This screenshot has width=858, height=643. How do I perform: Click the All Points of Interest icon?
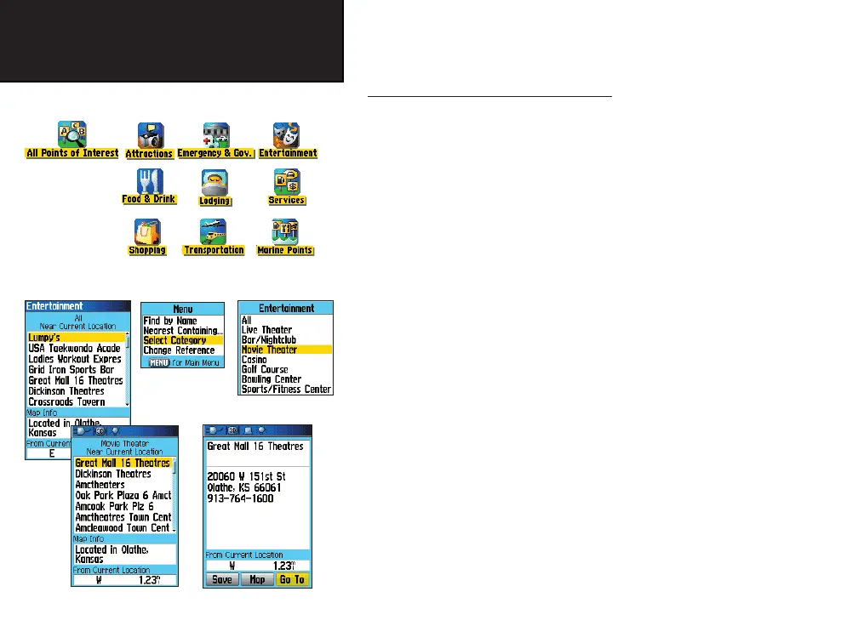[x=71, y=134]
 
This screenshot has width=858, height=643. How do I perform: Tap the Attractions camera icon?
[x=151, y=135]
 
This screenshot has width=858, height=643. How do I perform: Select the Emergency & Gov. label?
[x=214, y=153]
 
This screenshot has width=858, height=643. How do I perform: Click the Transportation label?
[x=214, y=250]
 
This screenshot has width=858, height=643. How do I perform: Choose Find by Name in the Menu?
[x=170, y=321]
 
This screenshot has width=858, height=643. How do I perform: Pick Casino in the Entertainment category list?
[x=255, y=360]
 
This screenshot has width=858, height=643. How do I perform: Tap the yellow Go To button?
[x=291, y=580]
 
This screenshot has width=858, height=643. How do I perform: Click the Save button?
[x=220, y=580]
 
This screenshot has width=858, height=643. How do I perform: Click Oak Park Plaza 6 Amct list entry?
[x=123, y=495]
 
